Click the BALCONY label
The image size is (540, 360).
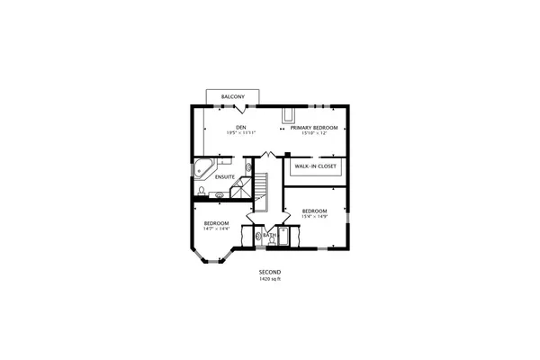pos(234,96)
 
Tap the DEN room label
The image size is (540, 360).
pos(241,127)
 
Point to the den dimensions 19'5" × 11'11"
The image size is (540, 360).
pos(241,133)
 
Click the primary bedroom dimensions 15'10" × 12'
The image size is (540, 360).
pos(314,133)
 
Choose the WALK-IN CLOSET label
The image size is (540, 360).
pos(315,167)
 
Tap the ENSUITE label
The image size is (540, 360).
pos(225,176)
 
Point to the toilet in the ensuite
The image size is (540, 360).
pos(197,190)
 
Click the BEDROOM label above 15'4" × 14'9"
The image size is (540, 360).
pos(315,211)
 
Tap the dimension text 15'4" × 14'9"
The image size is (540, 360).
pos(315,217)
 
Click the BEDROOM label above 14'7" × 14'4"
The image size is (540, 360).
pos(216,222)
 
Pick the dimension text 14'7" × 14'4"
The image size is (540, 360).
pos(216,229)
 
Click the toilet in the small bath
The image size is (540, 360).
pos(260,238)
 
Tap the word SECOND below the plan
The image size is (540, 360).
pos(270,272)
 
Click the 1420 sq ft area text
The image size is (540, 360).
pos(270,279)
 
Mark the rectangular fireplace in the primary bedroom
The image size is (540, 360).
pos(289,116)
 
